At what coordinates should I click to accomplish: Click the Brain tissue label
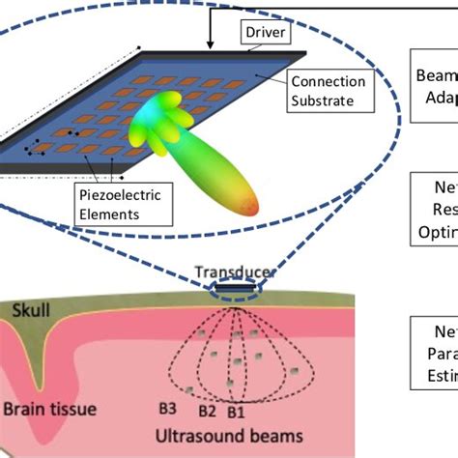pos(48,409)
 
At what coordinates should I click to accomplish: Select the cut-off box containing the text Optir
pos(434,206)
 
